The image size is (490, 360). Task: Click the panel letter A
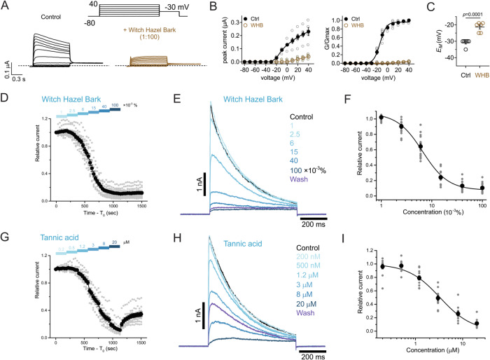click(6, 6)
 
